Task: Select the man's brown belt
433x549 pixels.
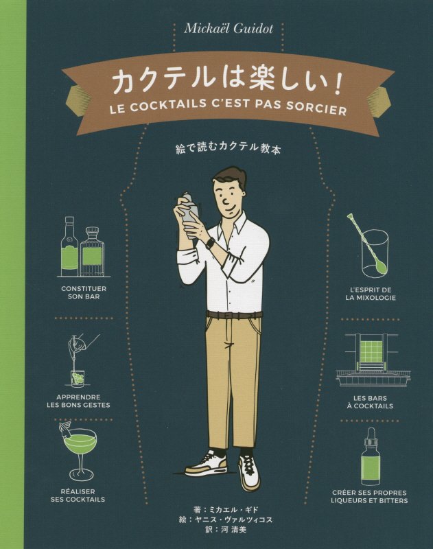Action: [x=233, y=315]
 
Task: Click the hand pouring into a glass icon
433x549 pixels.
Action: [x=79, y=360]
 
